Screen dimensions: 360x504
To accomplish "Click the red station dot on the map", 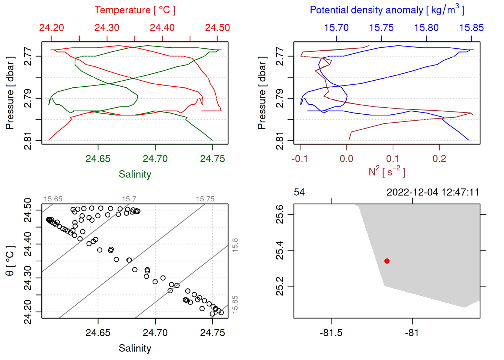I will click(387, 261).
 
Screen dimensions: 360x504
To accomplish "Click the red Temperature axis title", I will click(135, 10).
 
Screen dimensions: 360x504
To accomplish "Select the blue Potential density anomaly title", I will click(387, 10).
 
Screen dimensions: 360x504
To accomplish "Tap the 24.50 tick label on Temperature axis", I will click(217, 28).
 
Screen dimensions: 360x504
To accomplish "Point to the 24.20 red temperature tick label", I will click(52, 28).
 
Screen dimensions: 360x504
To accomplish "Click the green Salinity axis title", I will click(135, 174).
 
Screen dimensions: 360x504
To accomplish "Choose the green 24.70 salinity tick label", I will click(155, 159).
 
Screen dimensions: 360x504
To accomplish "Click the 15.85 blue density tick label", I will click(471, 28).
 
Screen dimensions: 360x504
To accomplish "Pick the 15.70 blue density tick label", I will click(336, 28).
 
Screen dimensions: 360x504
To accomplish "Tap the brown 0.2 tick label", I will click(439, 159).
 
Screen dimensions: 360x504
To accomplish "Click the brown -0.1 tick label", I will click(300, 159).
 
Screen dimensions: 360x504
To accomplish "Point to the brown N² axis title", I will click(387, 172).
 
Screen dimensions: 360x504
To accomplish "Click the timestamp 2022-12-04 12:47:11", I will click(433, 192).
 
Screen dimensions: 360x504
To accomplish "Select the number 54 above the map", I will click(299, 192).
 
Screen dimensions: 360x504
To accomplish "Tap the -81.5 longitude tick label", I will click(331, 333).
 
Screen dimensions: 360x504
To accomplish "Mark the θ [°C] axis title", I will click(10, 261).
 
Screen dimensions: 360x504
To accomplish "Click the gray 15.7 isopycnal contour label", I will click(129, 199).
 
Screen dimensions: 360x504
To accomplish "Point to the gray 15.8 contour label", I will click(235, 245).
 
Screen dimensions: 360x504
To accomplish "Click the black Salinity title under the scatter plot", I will click(135, 348).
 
